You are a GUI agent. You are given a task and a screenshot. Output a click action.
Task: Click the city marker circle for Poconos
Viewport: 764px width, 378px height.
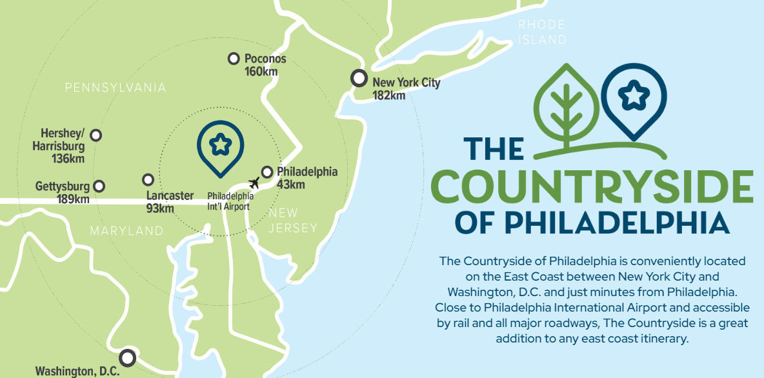point(234,59)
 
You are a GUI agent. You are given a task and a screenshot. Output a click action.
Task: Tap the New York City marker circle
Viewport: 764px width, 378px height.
point(359,78)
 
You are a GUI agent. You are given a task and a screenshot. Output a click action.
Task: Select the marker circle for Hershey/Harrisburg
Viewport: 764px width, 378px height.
point(96,135)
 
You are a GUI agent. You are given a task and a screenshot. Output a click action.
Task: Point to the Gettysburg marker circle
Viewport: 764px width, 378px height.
point(99,186)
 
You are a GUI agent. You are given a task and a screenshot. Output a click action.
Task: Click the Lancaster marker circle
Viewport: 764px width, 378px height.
point(148,179)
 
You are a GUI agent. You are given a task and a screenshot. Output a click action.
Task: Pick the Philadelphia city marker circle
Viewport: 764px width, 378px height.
point(267,172)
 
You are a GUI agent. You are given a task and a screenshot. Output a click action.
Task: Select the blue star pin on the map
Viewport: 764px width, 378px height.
point(220,147)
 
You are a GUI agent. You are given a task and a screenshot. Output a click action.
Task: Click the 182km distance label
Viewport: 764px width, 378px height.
point(389,95)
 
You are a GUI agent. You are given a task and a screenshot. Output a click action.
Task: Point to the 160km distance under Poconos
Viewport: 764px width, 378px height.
point(261,72)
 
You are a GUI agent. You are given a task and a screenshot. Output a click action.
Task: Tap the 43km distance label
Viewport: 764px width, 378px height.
point(290,185)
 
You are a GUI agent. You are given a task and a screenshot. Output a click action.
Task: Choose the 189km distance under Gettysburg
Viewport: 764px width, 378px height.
point(72,199)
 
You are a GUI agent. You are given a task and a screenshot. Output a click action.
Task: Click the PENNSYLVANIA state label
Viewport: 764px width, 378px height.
point(116,88)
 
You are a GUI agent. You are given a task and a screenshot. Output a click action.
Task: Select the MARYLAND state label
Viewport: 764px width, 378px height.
point(126,231)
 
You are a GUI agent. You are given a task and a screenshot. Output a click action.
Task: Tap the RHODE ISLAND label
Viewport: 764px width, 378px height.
point(542,32)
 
